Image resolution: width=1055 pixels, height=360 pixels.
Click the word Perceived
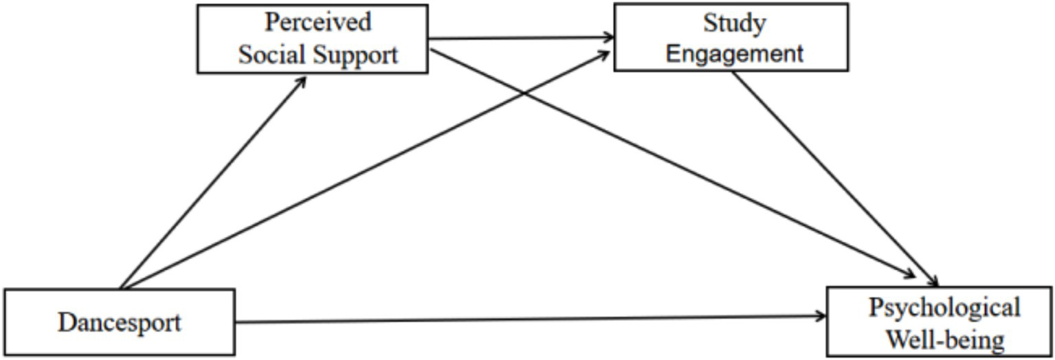pos(318,22)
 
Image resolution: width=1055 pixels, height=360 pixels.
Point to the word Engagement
pos(735,54)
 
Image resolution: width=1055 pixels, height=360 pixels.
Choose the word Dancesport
pos(120,322)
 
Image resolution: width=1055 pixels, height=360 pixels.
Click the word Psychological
pos(944,307)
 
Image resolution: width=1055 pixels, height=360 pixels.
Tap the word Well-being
pos(944,339)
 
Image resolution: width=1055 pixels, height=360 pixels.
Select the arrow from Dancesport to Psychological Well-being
pos(529,319)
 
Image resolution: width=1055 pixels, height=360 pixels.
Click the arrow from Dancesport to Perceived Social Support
pos(213,182)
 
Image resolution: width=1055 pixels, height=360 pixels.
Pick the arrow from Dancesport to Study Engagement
pos(364,172)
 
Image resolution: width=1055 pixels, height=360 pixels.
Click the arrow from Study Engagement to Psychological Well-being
pos(835,179)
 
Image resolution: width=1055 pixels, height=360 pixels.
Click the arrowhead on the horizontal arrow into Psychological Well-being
pos(821,316)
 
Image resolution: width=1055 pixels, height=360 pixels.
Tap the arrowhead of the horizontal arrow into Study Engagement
pos(608,37)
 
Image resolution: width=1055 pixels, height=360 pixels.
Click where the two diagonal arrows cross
pos(525,93)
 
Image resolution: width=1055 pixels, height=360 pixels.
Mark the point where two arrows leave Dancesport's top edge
pos(121,288)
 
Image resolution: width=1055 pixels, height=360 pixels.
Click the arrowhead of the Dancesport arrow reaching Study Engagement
pos(605,56)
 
